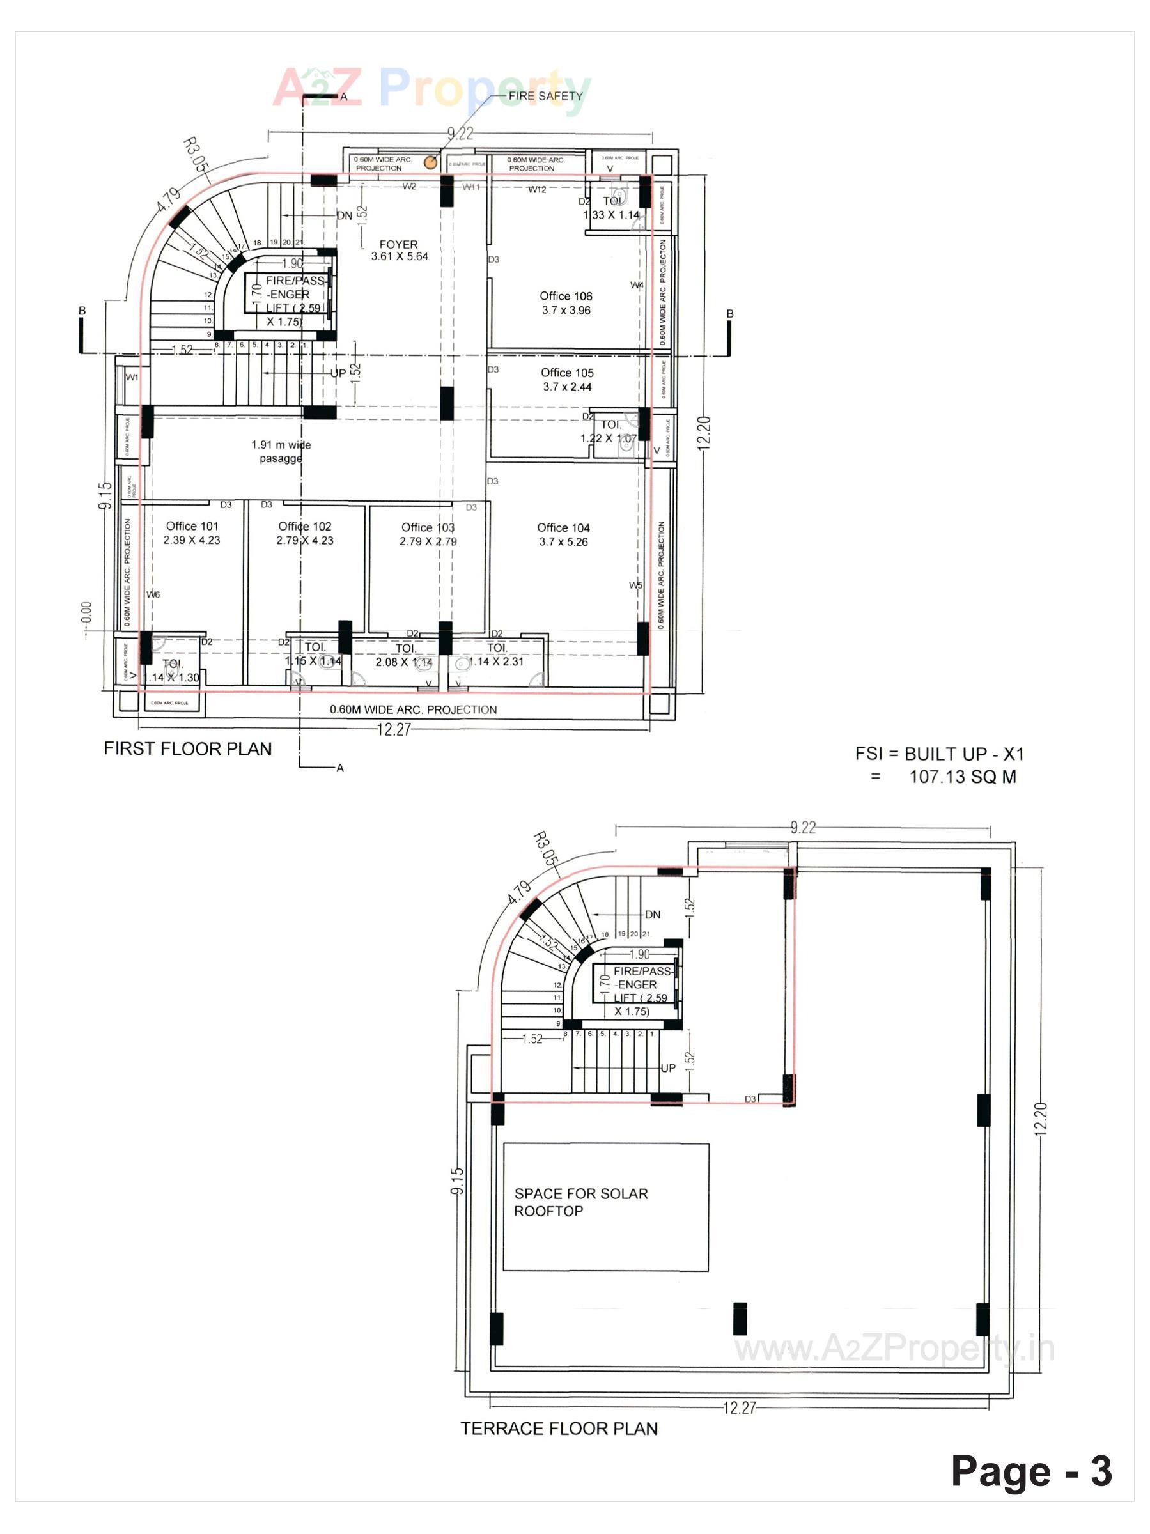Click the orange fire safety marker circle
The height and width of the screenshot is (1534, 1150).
(x=431, y=162)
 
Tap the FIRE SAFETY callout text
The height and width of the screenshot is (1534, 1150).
(x=545, y=96)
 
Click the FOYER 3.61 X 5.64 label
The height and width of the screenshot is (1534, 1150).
(x=399, y=251)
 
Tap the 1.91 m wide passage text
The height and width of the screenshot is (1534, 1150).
(x=281, y=451)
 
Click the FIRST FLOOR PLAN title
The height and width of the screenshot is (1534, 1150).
(x=188, y=749)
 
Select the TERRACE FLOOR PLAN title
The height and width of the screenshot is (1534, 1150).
(x=559, y=1429)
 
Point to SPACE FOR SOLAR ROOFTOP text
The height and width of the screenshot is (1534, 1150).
(x=581, y=1202)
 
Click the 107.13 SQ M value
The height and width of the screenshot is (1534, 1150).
(x=963, y=777)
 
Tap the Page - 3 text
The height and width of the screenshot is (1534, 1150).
(x=1030, y=1471)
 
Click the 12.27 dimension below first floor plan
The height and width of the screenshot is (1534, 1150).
(x=394, y=729)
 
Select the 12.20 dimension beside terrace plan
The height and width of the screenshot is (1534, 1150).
(x=1041, y=1119)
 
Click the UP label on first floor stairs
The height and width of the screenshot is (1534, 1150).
(x=338, y=373)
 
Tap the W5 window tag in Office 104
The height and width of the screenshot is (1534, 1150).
(x=635, y=585)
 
